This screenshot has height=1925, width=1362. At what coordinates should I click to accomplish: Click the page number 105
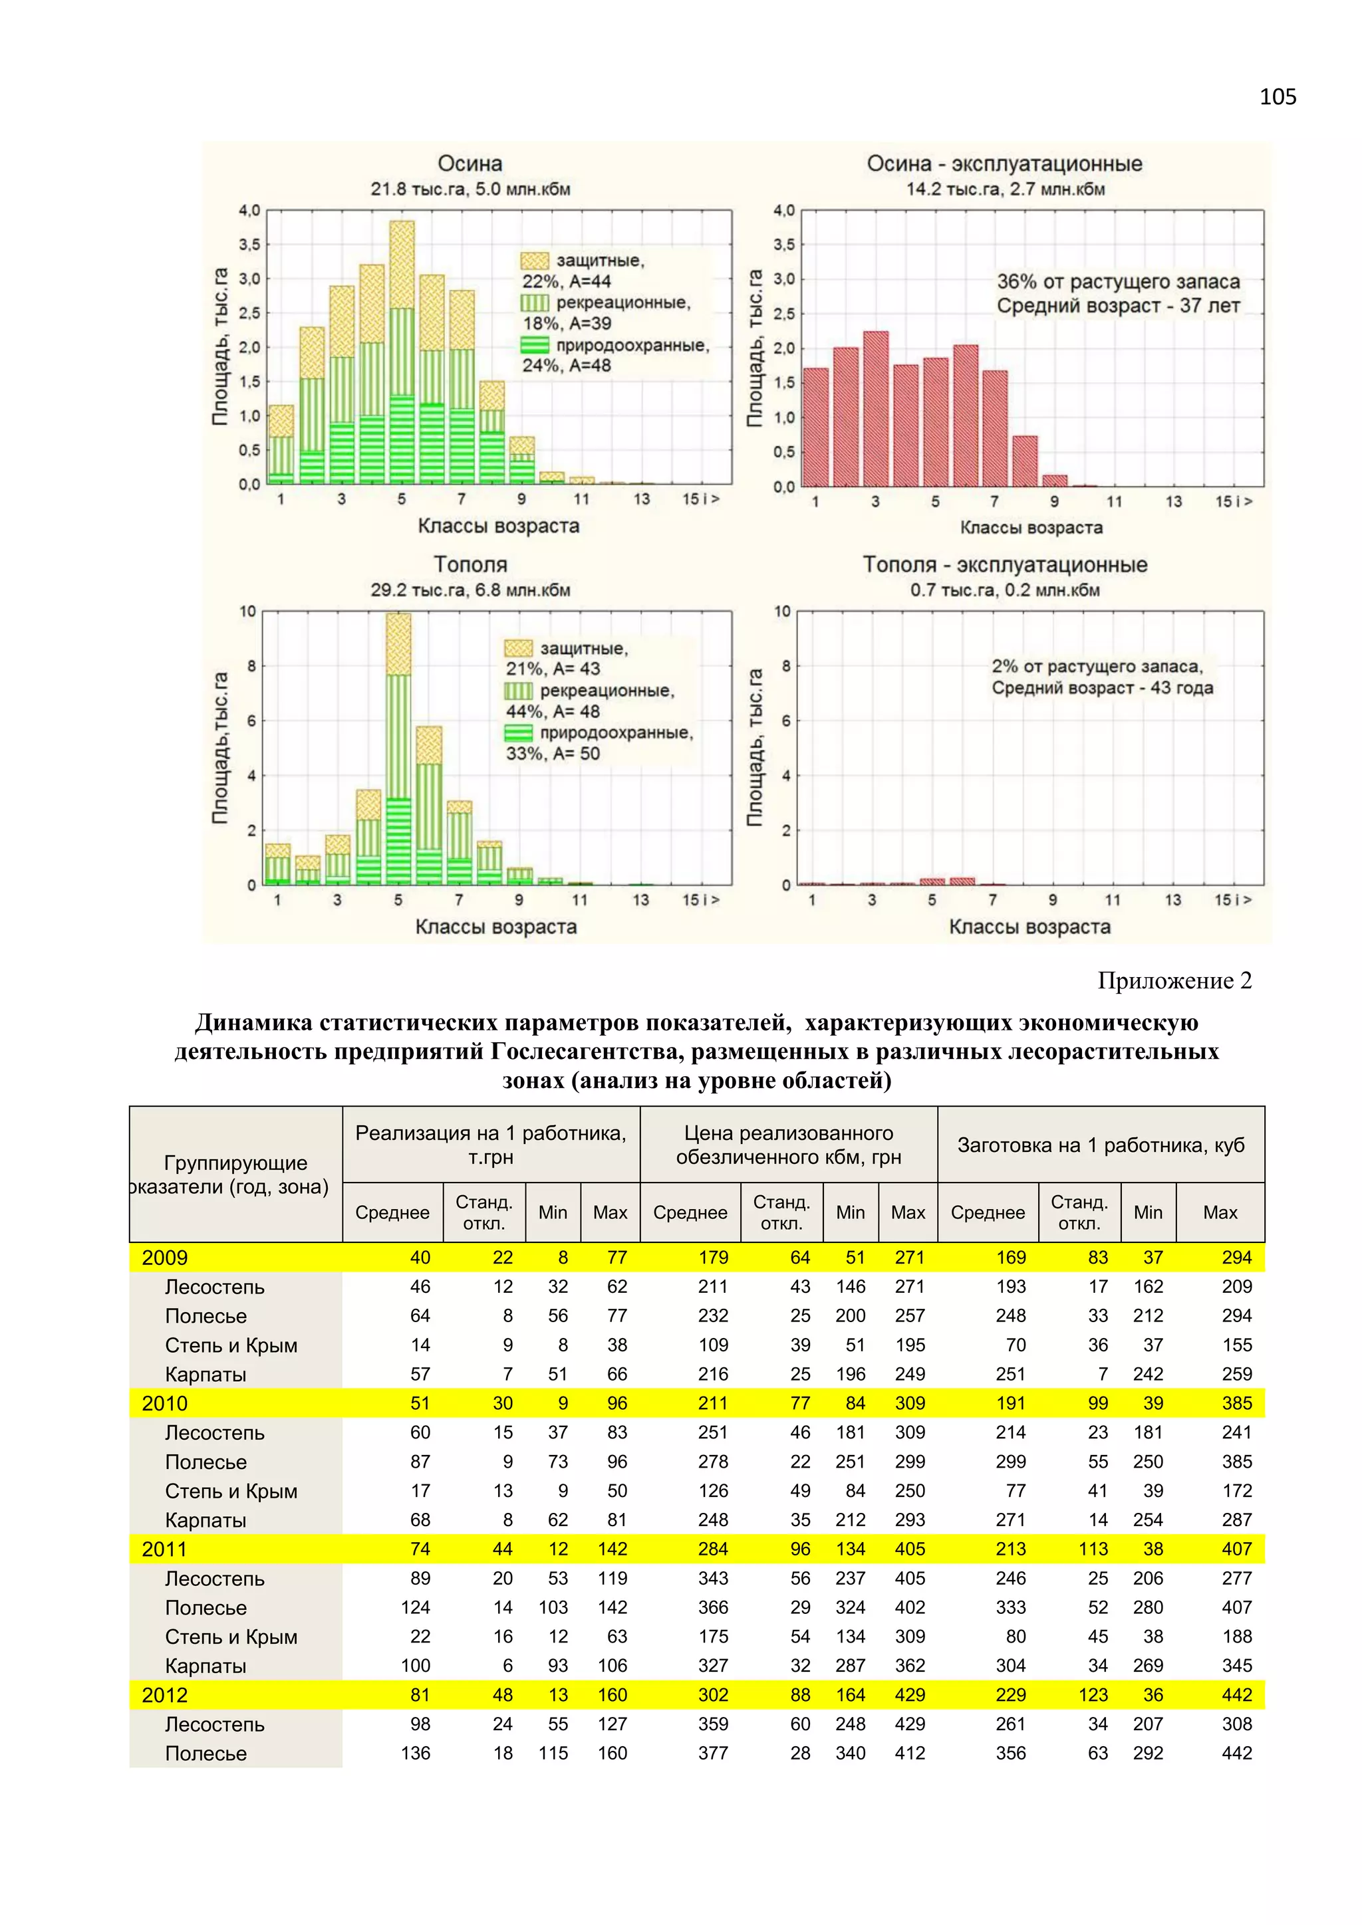[1278, 97]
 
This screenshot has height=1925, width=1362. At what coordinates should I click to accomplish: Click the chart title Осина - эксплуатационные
[1004, 164]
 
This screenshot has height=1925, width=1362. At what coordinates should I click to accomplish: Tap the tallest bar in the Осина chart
[402, 352]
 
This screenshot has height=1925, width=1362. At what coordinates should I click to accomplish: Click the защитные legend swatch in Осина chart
[534, 261]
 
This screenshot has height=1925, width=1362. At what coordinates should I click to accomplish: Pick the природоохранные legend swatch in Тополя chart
[518, 733]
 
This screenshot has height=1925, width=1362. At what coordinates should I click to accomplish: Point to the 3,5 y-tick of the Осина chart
[249, 245]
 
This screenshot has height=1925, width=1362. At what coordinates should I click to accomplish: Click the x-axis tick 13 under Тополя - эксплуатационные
[1172, 899]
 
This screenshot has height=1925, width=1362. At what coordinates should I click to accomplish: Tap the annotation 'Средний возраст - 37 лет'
[1117, 306]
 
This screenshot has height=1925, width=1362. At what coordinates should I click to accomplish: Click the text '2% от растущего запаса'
[1097, 667]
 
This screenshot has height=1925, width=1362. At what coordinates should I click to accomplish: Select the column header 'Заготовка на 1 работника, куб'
[1101, 1145]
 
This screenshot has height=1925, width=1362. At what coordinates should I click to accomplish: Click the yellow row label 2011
[164, 1549]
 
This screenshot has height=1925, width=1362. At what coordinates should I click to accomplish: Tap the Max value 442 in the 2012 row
[1236, 1694]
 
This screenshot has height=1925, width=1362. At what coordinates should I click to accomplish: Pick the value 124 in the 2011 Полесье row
[415, 1607]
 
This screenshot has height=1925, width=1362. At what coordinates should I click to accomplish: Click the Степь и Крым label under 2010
[231, 1491]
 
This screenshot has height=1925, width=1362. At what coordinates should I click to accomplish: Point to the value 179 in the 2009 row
[713, 1258]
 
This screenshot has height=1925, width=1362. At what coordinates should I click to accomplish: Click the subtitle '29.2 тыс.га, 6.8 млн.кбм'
[470, 590]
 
